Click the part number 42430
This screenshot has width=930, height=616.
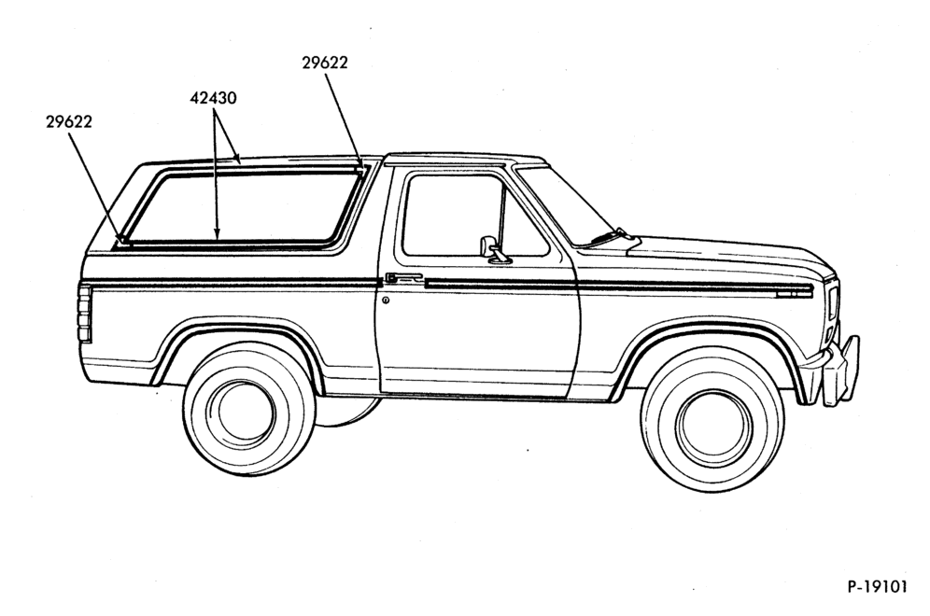(x=213, y=98)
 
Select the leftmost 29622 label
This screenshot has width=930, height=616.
(x=69, y=121)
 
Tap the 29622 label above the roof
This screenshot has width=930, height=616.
(x=324, y=63)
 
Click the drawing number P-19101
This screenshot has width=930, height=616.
(x=877, y=587)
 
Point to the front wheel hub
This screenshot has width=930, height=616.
(x=713, y=419)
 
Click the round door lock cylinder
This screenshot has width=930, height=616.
(x=387, y=301)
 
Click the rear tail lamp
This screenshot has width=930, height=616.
(x=85, y=314)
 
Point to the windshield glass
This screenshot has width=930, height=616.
(x=560, y=205)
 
